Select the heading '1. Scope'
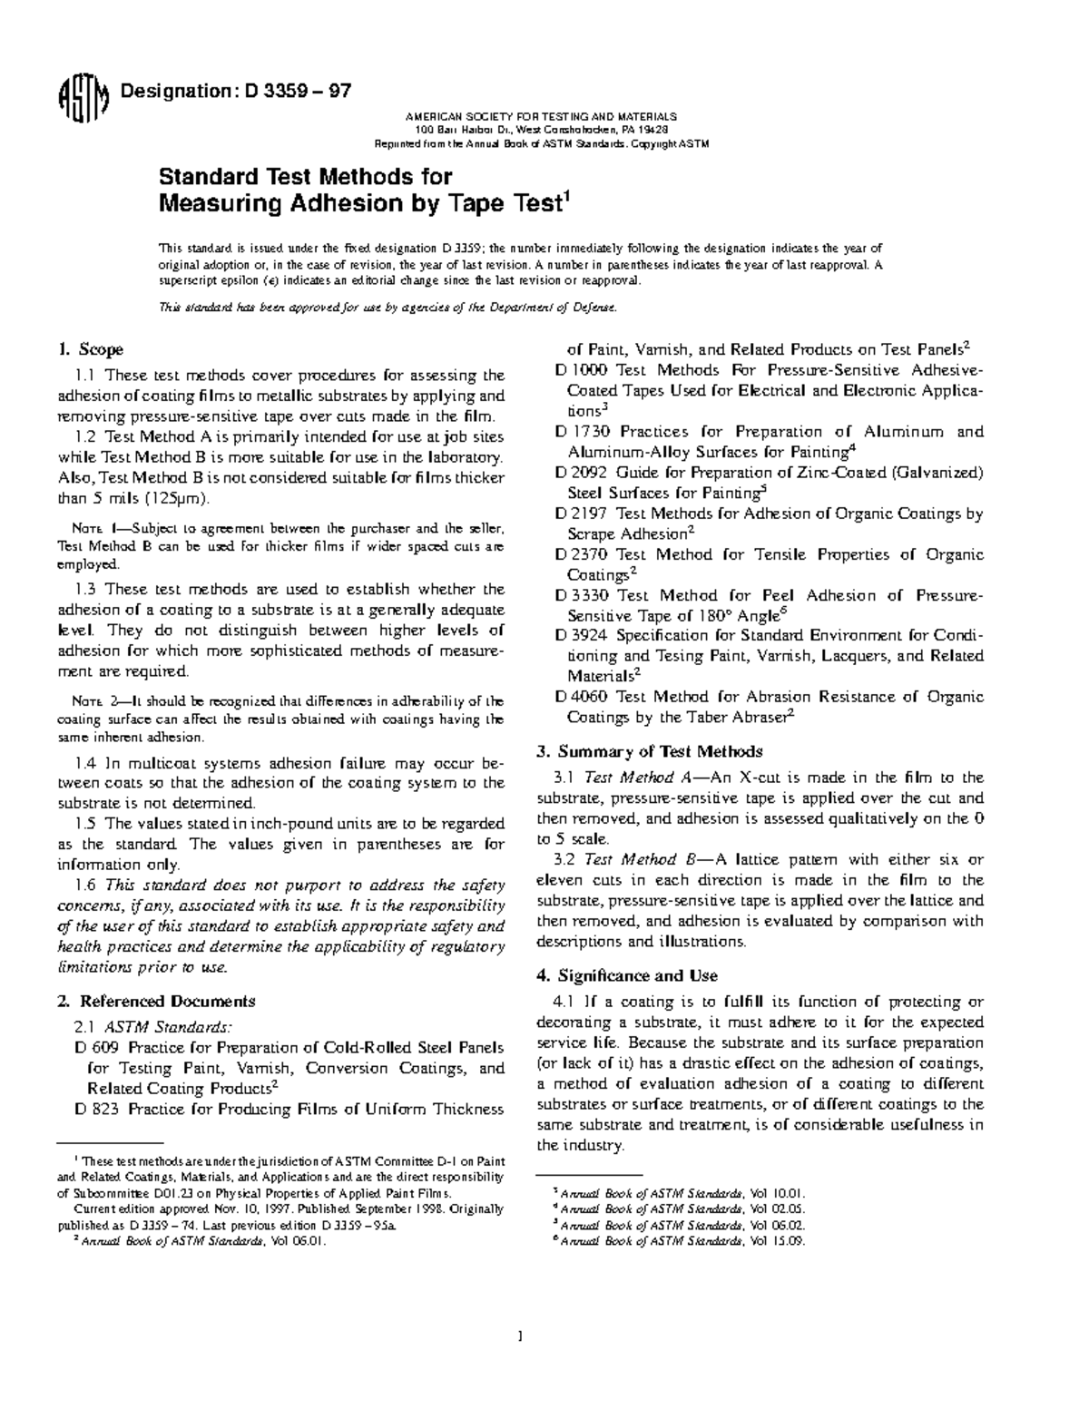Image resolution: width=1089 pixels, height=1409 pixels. (90, 349)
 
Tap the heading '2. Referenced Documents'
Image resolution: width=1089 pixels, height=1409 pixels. (155, 1002)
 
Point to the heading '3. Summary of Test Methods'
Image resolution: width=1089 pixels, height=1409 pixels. (649, 751)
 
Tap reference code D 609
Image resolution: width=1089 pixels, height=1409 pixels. (93, 1047)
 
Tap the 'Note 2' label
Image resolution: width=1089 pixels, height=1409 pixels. (93, 700)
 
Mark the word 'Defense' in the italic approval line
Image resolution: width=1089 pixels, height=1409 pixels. (595, 308)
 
